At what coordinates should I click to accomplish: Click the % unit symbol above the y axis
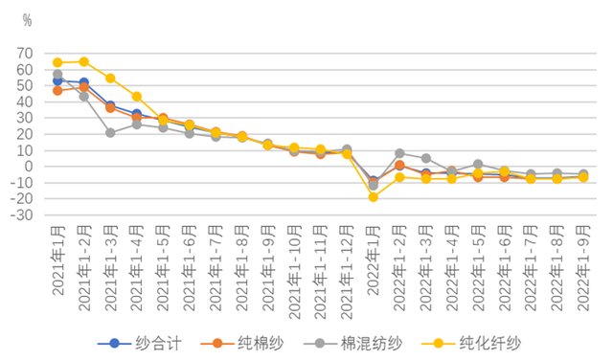pyautogui.click(x=26, y=19)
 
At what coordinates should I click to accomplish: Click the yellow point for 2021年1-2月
pyautogui.click(x=84, y=61)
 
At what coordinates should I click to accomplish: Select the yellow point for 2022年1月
pyautogui.click(x=374, y=196)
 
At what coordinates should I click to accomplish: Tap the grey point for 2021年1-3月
pyautogui.click(x=110, y=132)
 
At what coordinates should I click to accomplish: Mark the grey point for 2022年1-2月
pyautogui.click(x=399, y=153)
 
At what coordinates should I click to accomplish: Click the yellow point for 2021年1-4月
pyautogui.click(x=137, y=96)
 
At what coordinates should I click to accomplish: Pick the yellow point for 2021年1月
pyautogui.click(x=57, y=62)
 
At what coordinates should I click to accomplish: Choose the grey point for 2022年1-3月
pyautogui.click(x=426, y=158)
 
